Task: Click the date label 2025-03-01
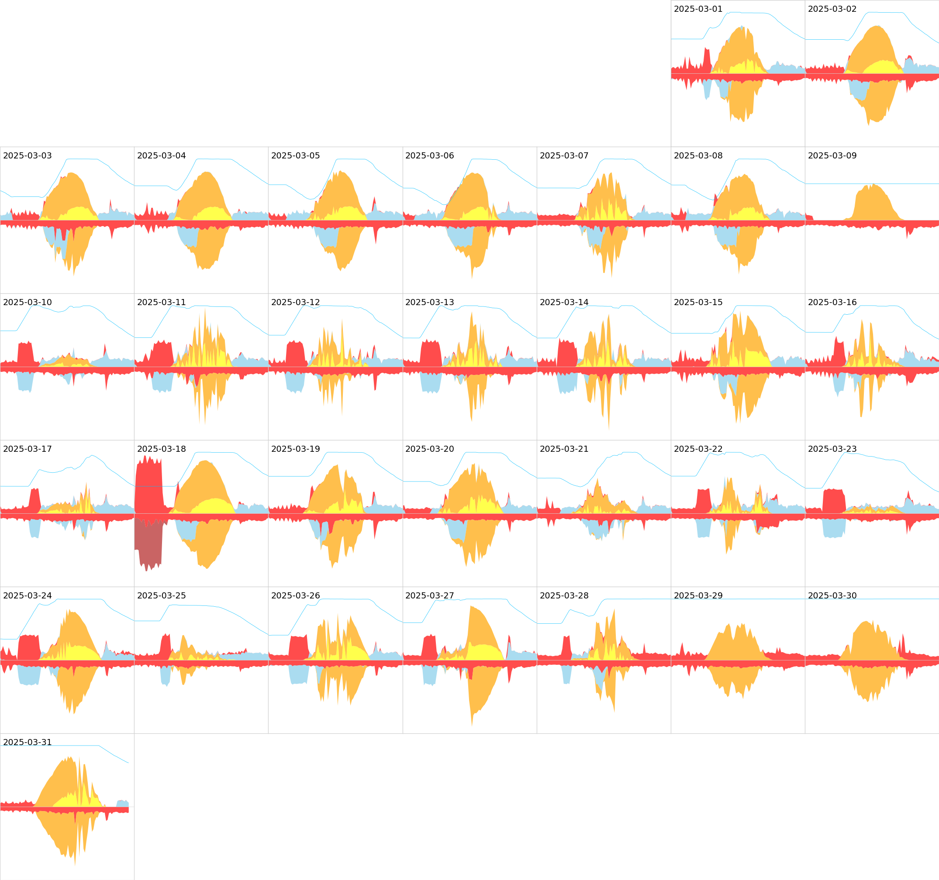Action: click(697, 9)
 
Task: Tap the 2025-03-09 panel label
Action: click(832, 156)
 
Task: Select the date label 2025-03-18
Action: click(162, 449)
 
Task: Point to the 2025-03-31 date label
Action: click(28, 742)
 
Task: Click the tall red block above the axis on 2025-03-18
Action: click(149, 486)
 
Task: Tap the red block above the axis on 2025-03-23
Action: click(833, 502)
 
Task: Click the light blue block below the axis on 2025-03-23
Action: click(833, 528)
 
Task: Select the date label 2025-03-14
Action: click(564, 302)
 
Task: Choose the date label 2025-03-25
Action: click(162, 596)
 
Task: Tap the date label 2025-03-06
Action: click(429, 156)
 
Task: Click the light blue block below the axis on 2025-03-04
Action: click(188, 236)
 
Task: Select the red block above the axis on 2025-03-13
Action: click(430, 353)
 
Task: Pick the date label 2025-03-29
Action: click(697, 596)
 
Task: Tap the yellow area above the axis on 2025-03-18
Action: click(215, 506)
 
